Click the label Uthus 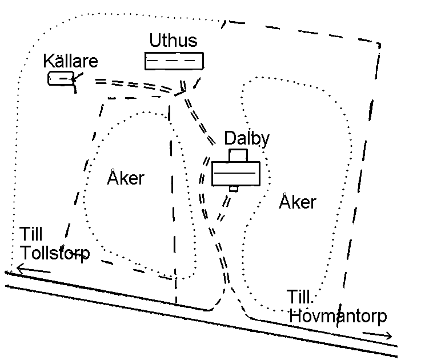coord(173,41)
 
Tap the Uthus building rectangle coord(174,61)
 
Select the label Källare coord(71,62)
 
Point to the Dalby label coord(247,139)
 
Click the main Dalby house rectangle coord(235,174)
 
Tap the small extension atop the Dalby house coord(238,155)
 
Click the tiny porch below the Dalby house coord(233,189)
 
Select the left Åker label coord(126,178)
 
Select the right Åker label coord(297,202)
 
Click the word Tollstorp coord(55,253)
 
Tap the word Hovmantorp coord(338,316)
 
